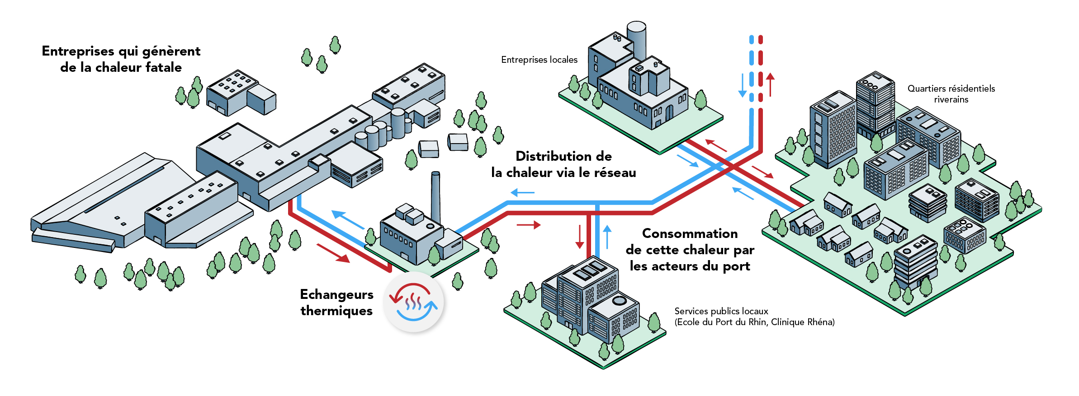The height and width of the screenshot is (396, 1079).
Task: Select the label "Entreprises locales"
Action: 539,60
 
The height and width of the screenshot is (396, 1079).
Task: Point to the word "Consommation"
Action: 690,233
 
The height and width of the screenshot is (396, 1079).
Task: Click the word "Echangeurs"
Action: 336,294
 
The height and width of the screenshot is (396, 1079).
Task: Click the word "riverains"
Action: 951,100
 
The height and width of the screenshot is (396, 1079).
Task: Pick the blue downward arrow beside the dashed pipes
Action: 742,85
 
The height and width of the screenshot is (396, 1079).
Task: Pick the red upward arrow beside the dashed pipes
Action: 770,85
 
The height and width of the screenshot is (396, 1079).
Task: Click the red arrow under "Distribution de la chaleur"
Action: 529,224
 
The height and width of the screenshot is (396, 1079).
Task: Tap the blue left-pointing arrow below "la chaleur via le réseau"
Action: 522,193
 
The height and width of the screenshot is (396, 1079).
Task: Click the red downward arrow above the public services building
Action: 579,236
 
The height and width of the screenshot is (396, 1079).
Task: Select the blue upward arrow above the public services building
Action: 607,237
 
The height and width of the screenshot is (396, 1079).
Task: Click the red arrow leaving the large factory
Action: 333,253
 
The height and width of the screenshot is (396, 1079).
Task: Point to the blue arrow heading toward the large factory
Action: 348,220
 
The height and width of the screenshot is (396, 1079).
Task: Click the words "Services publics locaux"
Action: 721,311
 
